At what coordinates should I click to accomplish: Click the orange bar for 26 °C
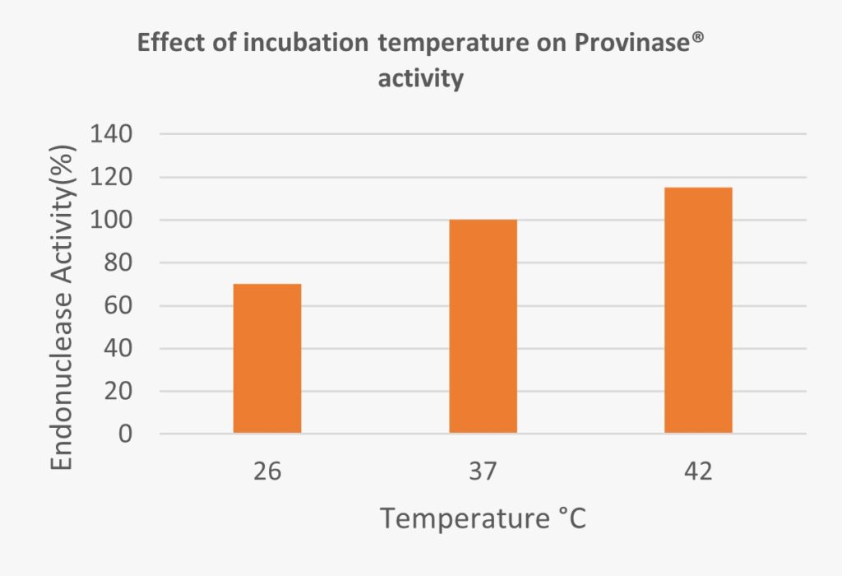point(267,358)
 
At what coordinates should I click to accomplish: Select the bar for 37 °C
point(483,326)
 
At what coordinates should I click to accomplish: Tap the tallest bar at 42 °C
point(698,310)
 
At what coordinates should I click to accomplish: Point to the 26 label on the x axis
point(267,472)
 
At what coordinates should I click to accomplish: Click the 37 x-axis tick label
point(483,472)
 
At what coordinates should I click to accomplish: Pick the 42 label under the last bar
point(698,472)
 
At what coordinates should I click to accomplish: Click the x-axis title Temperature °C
point(483,519)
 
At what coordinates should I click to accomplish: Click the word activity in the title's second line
point(420,80)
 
